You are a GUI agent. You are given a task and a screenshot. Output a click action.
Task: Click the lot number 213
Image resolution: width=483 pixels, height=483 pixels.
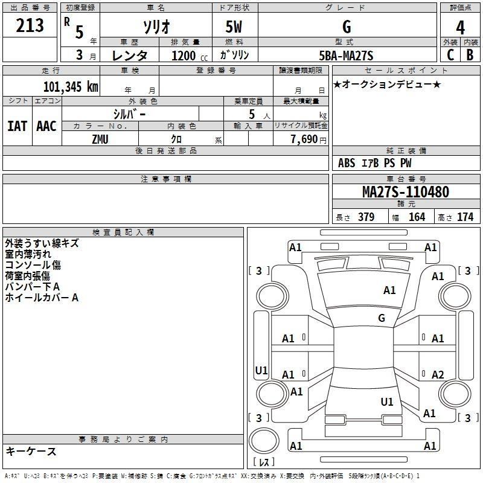point(30,25)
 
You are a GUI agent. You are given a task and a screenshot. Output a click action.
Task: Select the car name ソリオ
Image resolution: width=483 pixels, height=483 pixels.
point(155,27)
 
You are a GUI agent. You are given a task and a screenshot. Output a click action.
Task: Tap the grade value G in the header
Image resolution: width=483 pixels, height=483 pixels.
point(346,27)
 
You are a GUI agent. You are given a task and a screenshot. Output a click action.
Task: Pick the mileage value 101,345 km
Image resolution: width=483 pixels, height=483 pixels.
point(71,86)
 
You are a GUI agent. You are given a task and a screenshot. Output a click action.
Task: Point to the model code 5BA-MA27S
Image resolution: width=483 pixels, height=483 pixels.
point(346,56)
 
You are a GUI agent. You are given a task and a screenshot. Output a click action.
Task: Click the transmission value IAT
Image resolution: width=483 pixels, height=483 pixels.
point(17,126)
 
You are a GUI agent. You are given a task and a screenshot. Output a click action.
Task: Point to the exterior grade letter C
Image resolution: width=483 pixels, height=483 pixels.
point(450,55)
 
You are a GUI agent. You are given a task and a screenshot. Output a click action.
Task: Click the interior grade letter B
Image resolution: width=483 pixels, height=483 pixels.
point(470,55)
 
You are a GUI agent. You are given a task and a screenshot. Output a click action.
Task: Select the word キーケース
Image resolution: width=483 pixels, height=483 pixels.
point(31,452)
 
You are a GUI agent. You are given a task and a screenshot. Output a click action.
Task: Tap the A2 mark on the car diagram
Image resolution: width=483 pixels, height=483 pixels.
point(438,374)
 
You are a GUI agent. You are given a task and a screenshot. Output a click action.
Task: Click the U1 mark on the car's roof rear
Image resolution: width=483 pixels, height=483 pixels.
point(387,401)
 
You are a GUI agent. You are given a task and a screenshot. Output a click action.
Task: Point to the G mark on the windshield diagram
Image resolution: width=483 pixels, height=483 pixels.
point(382,318)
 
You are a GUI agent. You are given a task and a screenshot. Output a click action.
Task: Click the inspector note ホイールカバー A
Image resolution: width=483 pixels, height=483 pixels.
point(42,297)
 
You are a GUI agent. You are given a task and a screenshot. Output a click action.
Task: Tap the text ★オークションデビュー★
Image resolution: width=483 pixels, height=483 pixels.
point(387,84)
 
